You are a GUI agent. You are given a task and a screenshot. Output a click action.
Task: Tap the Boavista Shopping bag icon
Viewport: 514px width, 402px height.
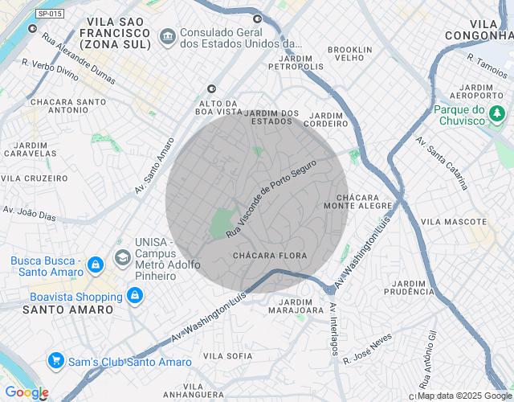(133, 297)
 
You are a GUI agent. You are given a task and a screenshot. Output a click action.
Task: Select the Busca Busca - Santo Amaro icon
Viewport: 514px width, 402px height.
(95, 265)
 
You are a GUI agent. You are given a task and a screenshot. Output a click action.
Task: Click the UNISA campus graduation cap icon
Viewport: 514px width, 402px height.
(123, 257)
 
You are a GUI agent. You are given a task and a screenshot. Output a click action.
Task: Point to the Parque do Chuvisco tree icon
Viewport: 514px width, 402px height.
(497, 114)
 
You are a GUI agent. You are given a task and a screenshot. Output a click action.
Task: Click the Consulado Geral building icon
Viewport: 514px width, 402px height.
(168, 35)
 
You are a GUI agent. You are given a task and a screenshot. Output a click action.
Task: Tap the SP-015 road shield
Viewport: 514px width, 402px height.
(51, 14)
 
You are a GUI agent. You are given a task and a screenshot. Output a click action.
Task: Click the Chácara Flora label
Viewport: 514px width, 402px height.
(270, 256)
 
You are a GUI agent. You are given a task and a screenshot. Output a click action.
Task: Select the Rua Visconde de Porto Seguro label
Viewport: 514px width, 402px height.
(271, 197)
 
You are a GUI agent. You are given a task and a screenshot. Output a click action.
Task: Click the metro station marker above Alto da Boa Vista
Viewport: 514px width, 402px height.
(211, 88)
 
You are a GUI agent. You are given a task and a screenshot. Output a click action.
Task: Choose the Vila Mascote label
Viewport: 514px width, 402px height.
(454, 221)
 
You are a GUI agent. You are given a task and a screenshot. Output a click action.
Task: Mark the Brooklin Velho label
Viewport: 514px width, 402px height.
(350, 54)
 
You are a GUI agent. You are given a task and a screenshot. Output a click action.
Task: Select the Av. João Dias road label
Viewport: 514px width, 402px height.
(30, 214)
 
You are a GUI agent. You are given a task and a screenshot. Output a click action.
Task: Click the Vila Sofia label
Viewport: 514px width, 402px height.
(228, 355)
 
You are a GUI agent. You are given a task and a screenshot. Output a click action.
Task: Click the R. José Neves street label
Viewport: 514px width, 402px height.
(367, 348)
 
